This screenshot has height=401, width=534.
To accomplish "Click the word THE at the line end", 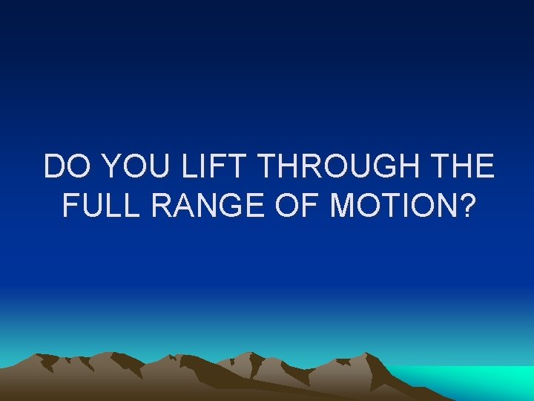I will pos(461,167).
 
